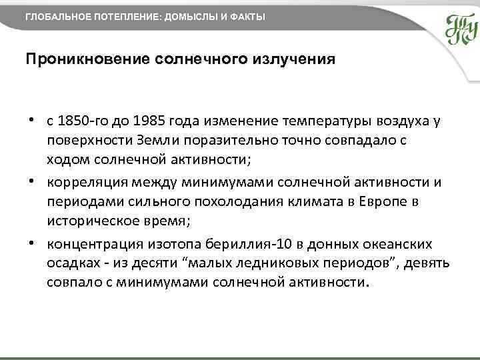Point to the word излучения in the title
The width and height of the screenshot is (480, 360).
click(x=294, y=59)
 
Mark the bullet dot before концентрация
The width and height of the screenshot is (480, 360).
click(x=31, y=243)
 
